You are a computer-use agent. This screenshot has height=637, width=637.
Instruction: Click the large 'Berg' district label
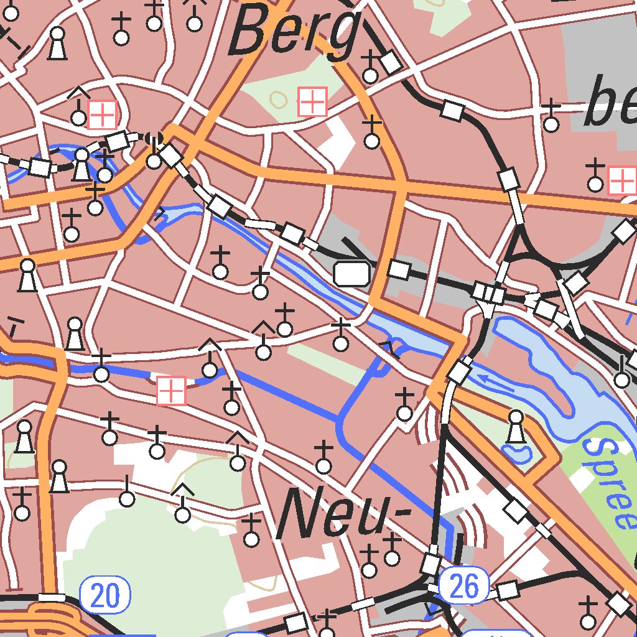pos(295,31)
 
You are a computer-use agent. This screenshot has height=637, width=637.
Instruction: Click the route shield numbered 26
pos(463,586)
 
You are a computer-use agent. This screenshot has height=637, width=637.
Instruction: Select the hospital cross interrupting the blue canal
pos(171,391)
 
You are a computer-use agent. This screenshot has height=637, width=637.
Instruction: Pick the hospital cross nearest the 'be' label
pos(621,180)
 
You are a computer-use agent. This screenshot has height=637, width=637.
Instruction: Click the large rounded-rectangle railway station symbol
pos(352,274)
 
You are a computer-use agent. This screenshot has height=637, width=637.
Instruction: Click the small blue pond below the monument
pos(516,453)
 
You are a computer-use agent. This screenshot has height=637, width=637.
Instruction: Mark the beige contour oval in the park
pos(278,98)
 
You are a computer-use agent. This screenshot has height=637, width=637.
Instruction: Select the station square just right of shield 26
pos(508,590)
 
